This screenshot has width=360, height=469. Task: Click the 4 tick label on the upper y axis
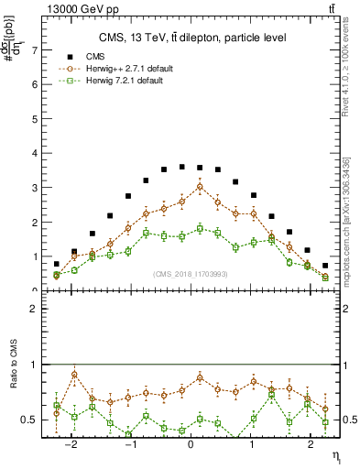(36, 153)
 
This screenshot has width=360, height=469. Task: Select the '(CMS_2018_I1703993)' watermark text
(191, 274)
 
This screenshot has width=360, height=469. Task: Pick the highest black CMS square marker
(182, 167)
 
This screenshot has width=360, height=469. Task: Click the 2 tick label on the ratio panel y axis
(36, 309)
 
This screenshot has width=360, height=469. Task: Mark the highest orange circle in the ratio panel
(75, 374)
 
